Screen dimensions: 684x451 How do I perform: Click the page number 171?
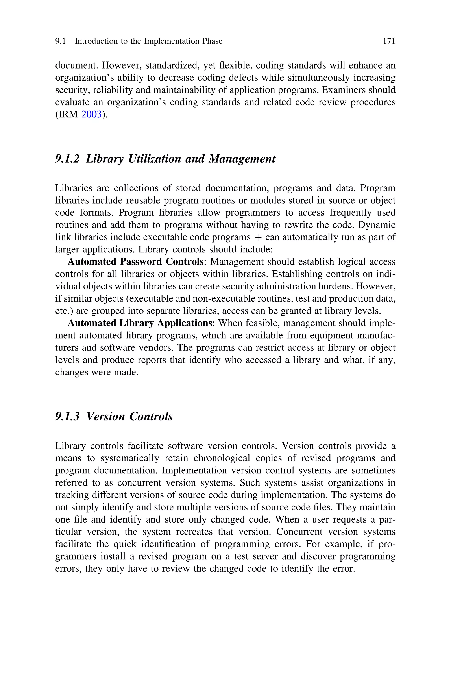coord(389,41)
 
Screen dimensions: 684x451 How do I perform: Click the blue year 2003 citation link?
coord(91,115)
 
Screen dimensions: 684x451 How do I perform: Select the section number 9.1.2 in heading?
coord(67,159)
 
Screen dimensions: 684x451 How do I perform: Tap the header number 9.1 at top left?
coord(60,41)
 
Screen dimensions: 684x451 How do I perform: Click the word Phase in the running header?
coord(212,41)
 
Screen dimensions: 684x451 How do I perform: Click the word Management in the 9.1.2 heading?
coord(242,159)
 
